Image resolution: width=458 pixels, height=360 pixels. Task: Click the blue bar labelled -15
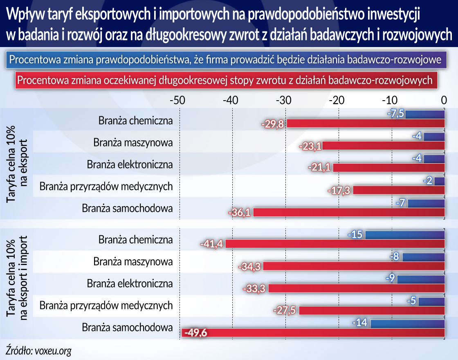click(405, 235)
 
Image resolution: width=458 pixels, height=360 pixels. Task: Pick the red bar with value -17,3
click(399, 190)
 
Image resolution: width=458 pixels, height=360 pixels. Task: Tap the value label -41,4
click(211, 244)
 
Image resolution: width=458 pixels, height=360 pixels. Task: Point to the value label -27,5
click(285, 310)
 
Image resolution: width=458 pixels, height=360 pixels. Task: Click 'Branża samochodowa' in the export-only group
click(127, 208)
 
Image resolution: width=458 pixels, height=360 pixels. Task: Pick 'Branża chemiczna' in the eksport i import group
click(135, 240)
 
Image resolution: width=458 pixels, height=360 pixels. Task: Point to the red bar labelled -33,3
click(356, 288)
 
